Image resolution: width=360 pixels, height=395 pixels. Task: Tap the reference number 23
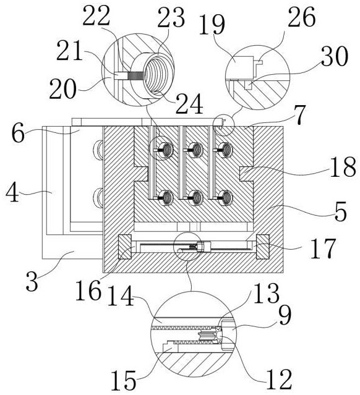coord(171,17)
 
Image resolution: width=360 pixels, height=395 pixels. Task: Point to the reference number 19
coord(212,24)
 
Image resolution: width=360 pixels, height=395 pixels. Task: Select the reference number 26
coord(302,16)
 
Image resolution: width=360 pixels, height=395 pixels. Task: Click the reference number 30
coord(335,56)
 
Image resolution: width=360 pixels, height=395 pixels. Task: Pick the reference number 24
coord(189,103)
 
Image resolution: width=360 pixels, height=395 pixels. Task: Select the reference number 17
coord(323,248)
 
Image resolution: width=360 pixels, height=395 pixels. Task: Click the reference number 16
coord(88,291)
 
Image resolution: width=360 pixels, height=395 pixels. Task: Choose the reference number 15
coord(124,380)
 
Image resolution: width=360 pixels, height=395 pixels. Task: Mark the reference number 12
coord(279,380)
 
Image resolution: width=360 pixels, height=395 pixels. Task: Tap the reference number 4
coord(12,193)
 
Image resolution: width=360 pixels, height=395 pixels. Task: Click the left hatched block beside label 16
coord(125,247)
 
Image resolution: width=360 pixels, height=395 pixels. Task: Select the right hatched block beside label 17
coord(263,247)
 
